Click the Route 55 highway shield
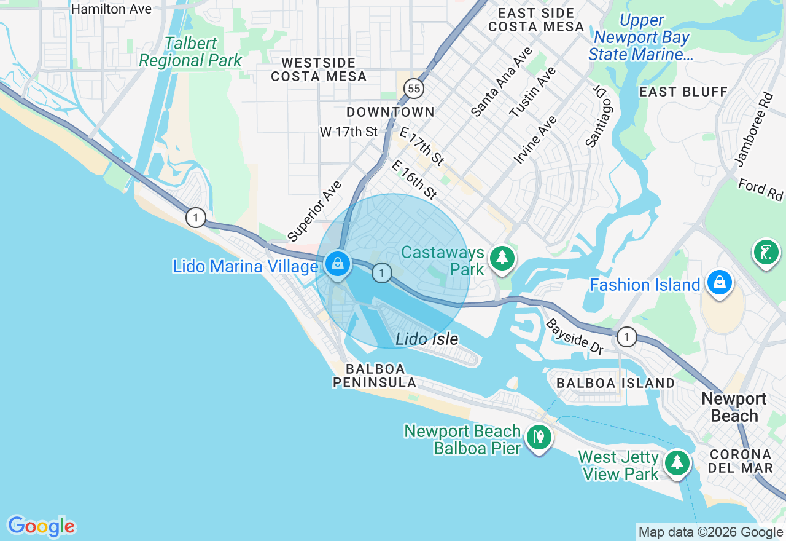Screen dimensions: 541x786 point(414,89)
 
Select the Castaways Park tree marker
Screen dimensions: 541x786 point(502,258)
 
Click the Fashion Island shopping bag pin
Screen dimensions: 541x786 point(719,282)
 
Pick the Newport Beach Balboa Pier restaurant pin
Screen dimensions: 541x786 point(539,437)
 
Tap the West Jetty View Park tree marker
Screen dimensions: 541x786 point(677,462)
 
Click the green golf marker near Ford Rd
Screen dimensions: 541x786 point(766,252)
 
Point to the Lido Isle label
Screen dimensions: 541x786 point(427,339)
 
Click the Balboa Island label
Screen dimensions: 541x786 point(615,383)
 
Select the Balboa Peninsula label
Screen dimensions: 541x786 point(375,376)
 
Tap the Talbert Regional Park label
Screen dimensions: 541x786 point(190,52)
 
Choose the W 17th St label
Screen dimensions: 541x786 point(348,132)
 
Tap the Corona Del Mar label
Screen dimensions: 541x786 point(740,461)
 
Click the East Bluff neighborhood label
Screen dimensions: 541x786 point(683,92)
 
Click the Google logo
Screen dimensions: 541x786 point(41,527)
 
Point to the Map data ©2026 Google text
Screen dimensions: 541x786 point(710,532)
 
